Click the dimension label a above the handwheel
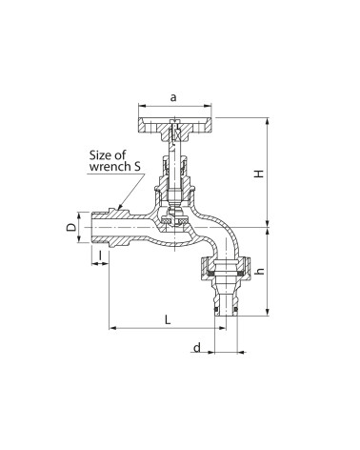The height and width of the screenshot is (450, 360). click(173, 97)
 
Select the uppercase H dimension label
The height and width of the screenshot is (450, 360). click(260, 174)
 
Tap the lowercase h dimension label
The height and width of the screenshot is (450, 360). click(260, 271)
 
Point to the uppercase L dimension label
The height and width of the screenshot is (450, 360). click(168, 319)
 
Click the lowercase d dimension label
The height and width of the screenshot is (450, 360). click(197, 348)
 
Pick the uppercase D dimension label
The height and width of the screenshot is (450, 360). click(71, 227)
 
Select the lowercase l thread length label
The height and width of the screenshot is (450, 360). click(100, 256)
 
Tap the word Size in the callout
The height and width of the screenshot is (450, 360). click(99, 155)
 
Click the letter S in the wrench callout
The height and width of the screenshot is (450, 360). click(137, 167)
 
